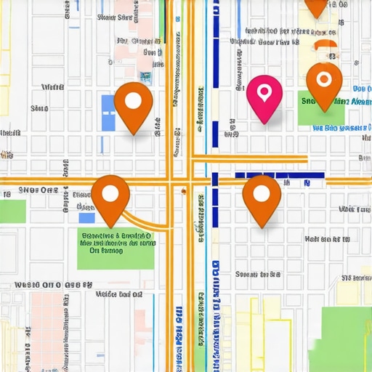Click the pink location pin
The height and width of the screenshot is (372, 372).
pyautogui.click(x=264, y=97)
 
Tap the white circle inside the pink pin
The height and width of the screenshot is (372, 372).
pyautogui.click(x=264, y=92)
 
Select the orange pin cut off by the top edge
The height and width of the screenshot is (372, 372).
pyautogui.click(x=317, y=6)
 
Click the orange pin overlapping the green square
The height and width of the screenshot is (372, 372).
pyautogui.click(x=324, y=84)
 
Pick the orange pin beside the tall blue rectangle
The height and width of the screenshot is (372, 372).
pyautogui.click(x=133, y=106)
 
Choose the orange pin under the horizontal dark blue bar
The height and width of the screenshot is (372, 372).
pyautogui.click(x=262, y=198)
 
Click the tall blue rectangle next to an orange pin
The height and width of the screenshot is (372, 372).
pyautogui.click(x=108, y=113)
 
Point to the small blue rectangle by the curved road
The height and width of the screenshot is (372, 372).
pyautogui.click(x=86, y=217)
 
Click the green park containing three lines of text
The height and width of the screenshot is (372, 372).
pyautogui.click(x=116, y=247)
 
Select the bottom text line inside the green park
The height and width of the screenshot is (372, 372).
pyautogui.click(x=106, y=251)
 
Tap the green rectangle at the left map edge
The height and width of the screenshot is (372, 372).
pyautogui.click(x=12, y=211)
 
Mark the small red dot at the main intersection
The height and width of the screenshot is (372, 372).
pyautogui.click(x=184, y=191)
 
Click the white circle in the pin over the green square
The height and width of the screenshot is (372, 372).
pyautogui.click(x=324, y=78)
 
